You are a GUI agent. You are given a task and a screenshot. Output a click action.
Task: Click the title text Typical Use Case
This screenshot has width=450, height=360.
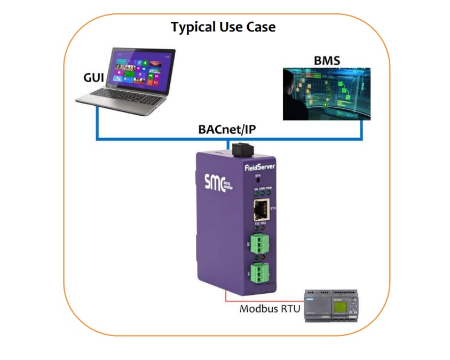(223, 27)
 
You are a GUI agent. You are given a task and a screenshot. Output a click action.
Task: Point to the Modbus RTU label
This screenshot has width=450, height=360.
(270, 308)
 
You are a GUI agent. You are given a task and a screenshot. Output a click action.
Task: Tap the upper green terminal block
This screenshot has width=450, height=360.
(259, 244)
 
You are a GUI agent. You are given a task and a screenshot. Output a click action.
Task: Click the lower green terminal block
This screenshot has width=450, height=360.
(259, 273)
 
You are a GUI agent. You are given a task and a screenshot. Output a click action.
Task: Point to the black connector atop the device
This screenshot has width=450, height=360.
(241, 148)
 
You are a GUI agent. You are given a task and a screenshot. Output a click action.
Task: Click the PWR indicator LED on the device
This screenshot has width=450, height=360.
(269, 193)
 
